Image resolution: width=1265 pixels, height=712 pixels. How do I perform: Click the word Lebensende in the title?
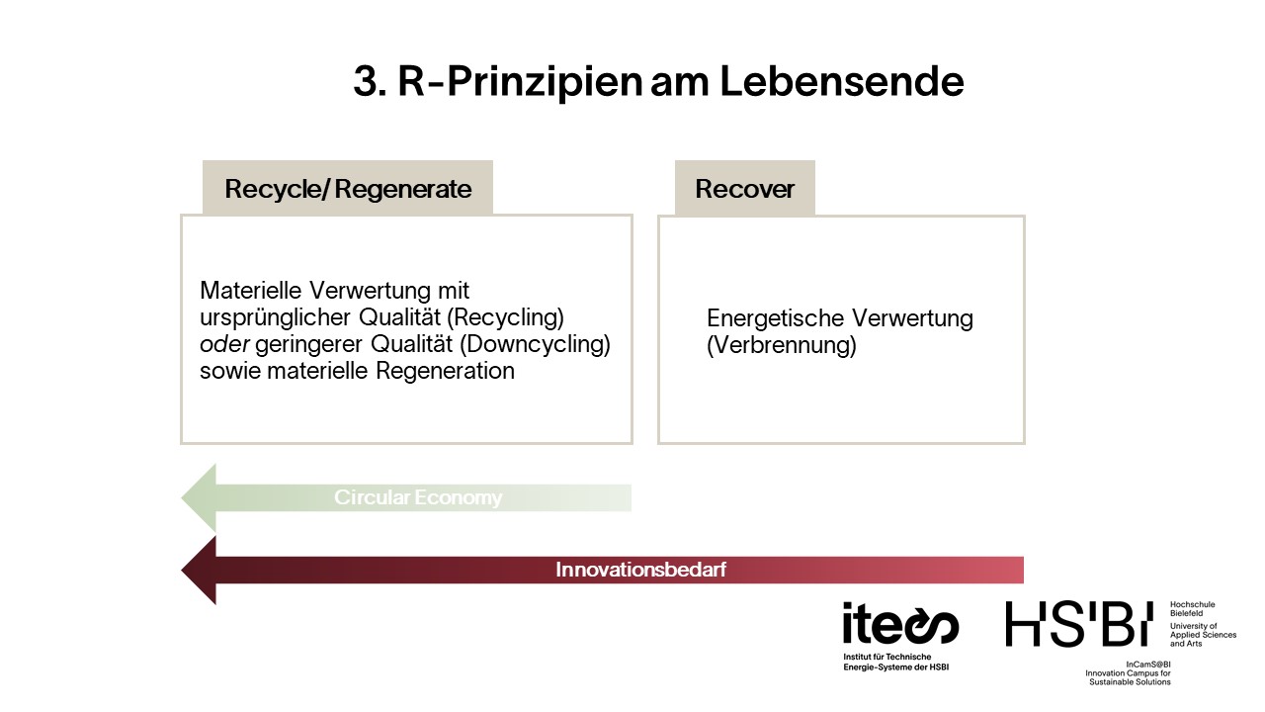coord(842,81)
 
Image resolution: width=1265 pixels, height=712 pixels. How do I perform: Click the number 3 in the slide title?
coord(366,81)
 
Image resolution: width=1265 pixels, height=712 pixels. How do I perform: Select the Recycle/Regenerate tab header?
coord(348,188)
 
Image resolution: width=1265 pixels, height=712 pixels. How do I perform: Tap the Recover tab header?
coord(745,188)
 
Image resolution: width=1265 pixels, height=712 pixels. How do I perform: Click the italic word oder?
coord(224,344)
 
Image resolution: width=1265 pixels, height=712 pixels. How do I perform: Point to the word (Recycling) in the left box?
coord(505,317)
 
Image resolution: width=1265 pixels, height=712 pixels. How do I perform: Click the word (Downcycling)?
coord(536,344)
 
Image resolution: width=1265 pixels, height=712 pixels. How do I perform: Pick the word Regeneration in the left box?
coord(445,371)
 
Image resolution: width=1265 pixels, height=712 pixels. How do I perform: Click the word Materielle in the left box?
coord(251,291)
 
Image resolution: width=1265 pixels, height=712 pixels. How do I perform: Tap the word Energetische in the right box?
coord(776,318)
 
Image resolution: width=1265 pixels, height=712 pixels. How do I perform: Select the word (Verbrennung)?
coord(782,345)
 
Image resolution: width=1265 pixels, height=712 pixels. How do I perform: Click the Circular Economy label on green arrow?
coord(418,497)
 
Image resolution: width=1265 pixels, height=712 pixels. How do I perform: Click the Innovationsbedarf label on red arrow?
coord(641,570)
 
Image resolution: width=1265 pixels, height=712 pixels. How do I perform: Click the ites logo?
coord(900,624)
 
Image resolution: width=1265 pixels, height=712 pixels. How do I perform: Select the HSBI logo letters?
coord(1079,624)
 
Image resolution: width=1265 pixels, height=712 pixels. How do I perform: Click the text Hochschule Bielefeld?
coord(1192,608)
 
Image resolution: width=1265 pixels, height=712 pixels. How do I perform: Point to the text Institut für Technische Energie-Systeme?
coord(895,662)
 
